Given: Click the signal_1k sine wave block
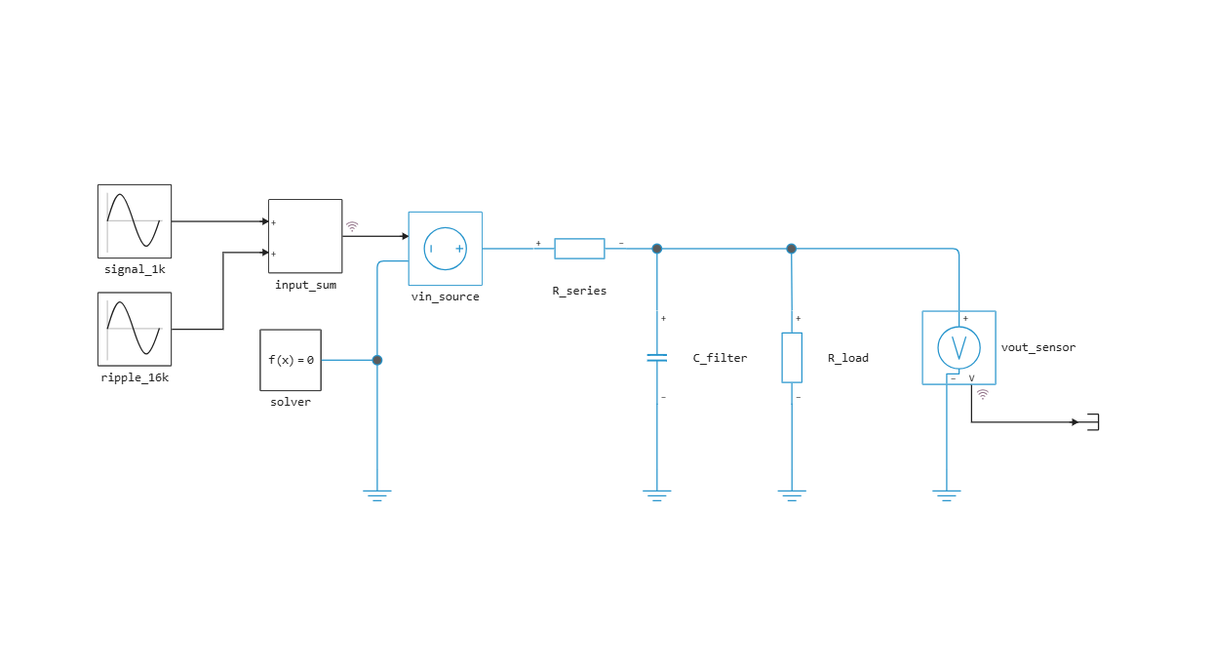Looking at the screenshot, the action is (x=135, y=221).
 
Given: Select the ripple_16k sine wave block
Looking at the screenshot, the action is (x=135, y=330).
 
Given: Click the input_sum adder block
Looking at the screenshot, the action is (x=305, y=236).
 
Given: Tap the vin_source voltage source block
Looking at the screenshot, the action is (x=446, y=249).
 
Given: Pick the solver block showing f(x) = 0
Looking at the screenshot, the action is (x=291, y=360).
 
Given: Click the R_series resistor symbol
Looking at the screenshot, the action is (x=579, y=249).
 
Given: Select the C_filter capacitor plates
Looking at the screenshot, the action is (x=657, y=357).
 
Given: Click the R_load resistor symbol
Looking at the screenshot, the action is (x=792, y=357).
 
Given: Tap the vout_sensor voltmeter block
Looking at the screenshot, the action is (x=959, y=347).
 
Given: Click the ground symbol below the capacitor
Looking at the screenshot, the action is (x=657, y=495).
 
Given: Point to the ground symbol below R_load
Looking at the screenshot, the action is (x=792, y=495).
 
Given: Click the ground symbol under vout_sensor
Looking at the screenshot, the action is (x=947, y=495).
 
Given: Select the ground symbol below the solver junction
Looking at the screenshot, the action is (x=377, y=495).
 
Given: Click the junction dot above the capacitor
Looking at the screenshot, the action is (x=657, y=249).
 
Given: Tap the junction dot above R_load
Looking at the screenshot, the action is (x=791, y=249).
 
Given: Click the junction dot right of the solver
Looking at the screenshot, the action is (x=377, y=360).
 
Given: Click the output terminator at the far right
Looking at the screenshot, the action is (x=1094, y=422).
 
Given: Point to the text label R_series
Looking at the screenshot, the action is (x=579, y=291).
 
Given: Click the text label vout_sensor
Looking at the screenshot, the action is (x=1038, y=347).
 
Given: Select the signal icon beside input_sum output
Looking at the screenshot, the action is (x=352, y=226).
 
